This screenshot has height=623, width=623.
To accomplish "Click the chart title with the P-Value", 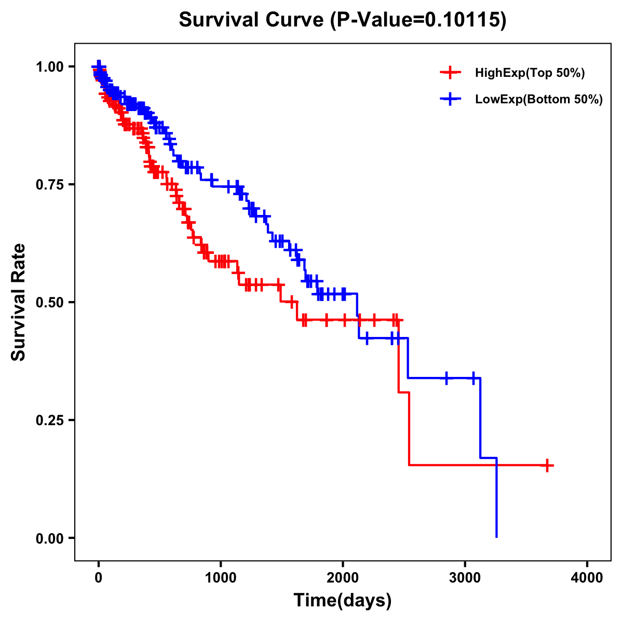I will pyautogui.click(x=343, y=20).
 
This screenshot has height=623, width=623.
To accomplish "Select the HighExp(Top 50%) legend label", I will pyautogui.click(x=530, y=73).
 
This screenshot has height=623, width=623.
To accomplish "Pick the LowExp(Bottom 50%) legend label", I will pyautogui.click(x=539, y=100).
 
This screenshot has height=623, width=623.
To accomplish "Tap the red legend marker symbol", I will pyautogui.click(x=450, y=73).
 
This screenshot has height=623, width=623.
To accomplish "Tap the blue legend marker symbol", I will pyautogui.click(x=450, y=99).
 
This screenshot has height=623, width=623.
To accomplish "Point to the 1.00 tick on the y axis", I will pyautogui.click(x=50, y=66).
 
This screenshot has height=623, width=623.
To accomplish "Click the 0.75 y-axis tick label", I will pyautogui.click(x=50, y=184).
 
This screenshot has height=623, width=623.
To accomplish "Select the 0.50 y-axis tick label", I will pyautogui.click(x=50, y=302).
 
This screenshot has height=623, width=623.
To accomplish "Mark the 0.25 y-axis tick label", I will pyautogui.click(x=50, y=420).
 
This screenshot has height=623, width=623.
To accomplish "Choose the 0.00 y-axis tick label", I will pyautogui.click(x=50, y=538).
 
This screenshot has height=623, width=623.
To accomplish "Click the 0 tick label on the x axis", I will pyautogui.click(x=99, y=578).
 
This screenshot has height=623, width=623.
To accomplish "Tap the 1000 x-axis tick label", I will pyautogui.click(x=221, y=578).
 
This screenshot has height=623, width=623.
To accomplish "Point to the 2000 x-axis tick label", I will pyautogui.click(x=343, y=578).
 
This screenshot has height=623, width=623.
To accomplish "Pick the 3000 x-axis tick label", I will pyautogui.click(x=465, y=578).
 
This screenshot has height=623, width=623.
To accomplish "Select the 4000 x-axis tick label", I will pyautogui.click(x=587, y=578).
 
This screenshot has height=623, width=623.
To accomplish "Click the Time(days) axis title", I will pyautogui.click(x=343, y=601).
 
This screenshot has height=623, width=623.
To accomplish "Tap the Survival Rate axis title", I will pyautogui.click(x=19, y=302).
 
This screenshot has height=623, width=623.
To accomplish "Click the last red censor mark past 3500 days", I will pyautogui.click(x=547, y=465).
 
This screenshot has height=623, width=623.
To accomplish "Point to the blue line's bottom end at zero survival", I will pyautogui.click(x=497, y=537).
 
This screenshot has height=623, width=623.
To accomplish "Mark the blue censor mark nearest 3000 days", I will pyautogui.click(x=473, y=378).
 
